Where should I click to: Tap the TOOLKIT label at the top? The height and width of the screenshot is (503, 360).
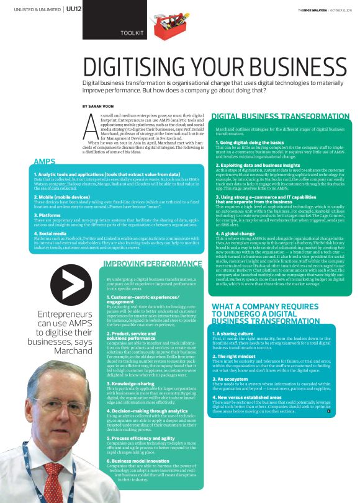point(132,32)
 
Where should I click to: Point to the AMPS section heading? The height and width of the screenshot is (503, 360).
point(45,161)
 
